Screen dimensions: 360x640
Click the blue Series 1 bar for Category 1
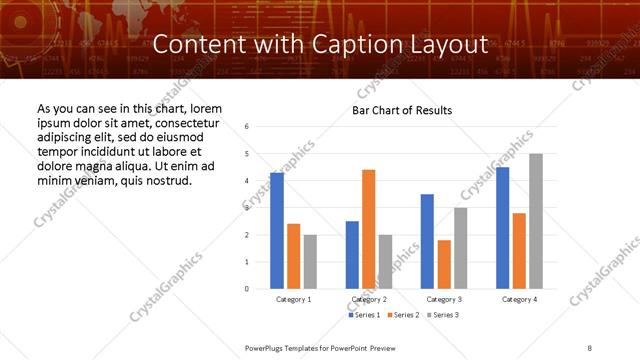click(277, 231)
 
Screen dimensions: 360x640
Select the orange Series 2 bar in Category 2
click(368, 229)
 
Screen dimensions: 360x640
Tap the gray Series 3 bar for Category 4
click(536, 221)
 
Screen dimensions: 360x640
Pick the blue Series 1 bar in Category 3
click(427, 241)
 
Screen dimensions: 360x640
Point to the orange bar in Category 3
click(444, 264)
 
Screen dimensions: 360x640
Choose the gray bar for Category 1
click(310, 262)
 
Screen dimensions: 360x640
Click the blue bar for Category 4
click(502, 228)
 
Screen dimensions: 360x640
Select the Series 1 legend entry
click(364, 315)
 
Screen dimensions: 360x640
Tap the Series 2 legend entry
click(403, 315)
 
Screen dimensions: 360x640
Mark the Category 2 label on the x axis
click(368, 299)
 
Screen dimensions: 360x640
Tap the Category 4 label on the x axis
click(519, 299)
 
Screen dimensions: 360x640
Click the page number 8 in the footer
click(590, 346)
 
